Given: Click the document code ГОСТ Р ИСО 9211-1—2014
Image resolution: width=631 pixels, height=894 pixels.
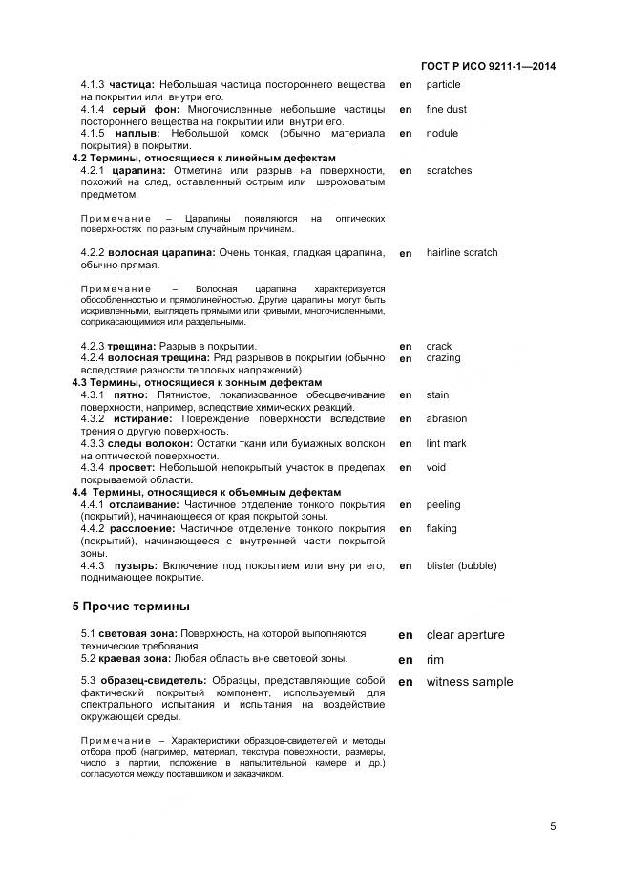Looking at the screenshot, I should click(488, 66).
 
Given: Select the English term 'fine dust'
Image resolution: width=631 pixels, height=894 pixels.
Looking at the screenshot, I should click(446, 109).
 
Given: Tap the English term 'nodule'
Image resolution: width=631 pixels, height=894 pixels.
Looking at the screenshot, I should click(442, 133).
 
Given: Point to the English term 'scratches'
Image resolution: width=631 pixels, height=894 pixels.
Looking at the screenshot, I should click(449, 170).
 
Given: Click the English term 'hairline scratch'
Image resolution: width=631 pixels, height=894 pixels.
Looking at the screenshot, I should click(461, 253).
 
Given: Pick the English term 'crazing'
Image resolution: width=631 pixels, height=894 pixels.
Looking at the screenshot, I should click(443, 358).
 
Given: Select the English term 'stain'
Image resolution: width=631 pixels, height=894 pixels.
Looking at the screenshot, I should click(437, 394).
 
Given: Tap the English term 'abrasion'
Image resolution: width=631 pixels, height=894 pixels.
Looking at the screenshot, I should click(447, 418).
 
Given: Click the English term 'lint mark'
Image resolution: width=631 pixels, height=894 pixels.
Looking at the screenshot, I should click(446, 443).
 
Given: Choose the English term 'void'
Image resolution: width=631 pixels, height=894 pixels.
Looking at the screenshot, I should click(436, 467).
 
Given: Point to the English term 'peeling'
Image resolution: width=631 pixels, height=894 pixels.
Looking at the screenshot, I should click(443, 504).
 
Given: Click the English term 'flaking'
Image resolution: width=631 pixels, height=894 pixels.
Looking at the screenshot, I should click(442, 528).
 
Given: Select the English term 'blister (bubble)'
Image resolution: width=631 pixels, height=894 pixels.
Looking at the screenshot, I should click(461, 565).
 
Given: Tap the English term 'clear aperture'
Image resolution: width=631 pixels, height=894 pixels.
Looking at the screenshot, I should click(465, 635).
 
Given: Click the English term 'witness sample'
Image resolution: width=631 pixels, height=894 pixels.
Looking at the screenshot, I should click(469, 682).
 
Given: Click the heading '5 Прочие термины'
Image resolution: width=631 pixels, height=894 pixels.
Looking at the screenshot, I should click(131, 606).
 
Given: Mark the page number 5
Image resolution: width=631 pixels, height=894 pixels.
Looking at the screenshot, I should click(553, 827).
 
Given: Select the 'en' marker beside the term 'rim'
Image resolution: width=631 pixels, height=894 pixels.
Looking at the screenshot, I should click(406, 660).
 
